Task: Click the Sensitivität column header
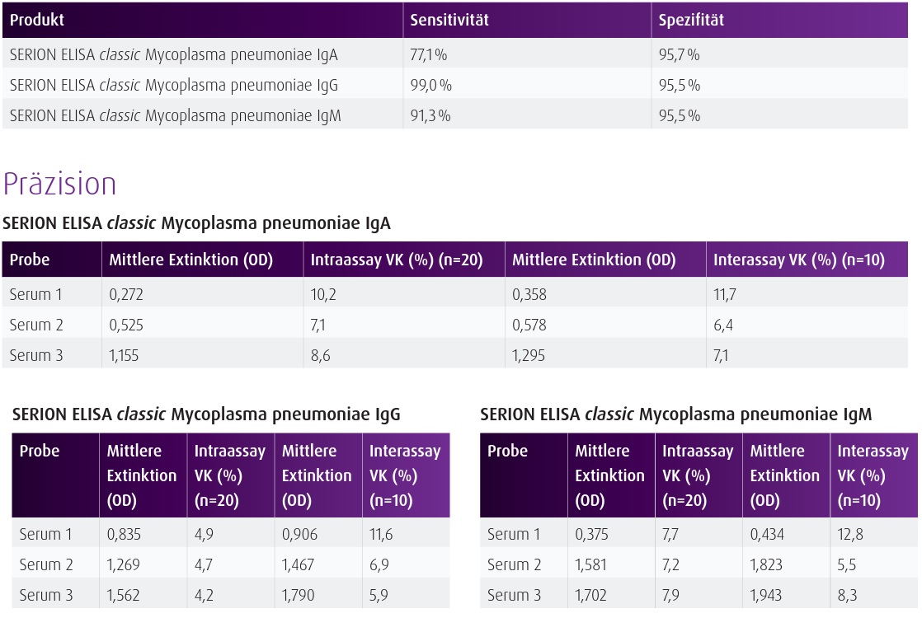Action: pyautogui.click(x=449, y=20)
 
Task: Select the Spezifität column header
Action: pyautogui.click(x=691, y=20)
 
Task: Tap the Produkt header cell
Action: pyautogui.click(x=36, y=20)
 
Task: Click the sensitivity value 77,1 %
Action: pyautogui.click(x=428, y=54)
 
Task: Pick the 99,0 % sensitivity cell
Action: pyautogui.click(x=430, y=85)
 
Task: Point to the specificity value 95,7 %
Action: pyautogui.click(x=679, y=54)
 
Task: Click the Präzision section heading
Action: pyautogui.click(x=59, y=183)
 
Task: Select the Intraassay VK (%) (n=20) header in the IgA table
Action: pyautogui.click(x=397, y=260)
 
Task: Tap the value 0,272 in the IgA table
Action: pyautogui.click(x=126, y=294)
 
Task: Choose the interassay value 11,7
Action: pyautogui.click(x=724, y=294)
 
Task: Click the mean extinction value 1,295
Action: pyautogui.click(x=528, y=355)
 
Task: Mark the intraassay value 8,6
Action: pyautogui.click(x=320, y=355)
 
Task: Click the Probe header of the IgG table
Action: pyautogui.click(x=40, y=452)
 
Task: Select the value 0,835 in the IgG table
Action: pyautogui.click(x=124, y=534)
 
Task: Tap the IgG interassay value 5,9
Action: pyautogui.click(x=378, y=595)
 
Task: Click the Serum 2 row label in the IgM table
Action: pyautogui.click(x=514, y=564)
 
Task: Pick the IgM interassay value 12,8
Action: pyautogui.click(x=850, y=534)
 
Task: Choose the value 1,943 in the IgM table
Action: pyautogui.click(x=765, y=595)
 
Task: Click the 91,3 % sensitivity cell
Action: pyautogui.click(x=430, y=115)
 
